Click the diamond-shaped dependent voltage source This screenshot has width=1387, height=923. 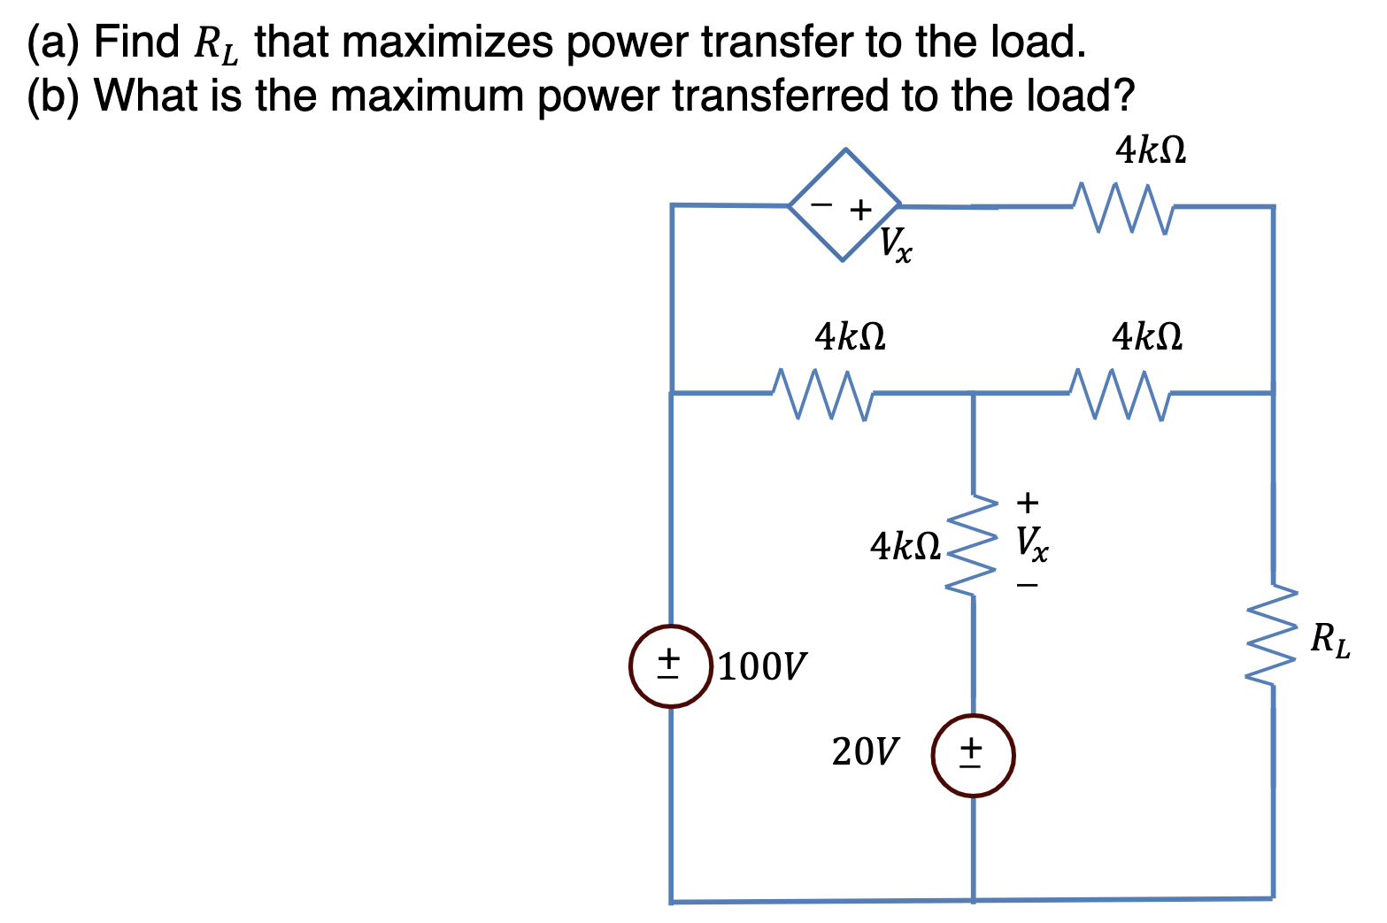(845, 205)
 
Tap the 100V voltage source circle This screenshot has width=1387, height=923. (671, 666)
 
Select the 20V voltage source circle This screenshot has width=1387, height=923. (973, 755)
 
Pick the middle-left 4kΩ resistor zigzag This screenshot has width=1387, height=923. (823, 392)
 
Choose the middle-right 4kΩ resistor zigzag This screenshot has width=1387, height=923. (1121, 392)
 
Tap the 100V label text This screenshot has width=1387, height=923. (762, 666)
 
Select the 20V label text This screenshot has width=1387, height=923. (865, 752)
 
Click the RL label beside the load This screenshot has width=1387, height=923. (1330, 640)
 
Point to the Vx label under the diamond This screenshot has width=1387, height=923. (897, 244)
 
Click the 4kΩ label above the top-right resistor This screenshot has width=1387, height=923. (1150, 151)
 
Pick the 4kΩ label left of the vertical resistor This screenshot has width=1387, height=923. (905, 546)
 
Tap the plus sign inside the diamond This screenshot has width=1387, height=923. (859, 210)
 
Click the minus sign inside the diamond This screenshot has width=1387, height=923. (822, 204)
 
